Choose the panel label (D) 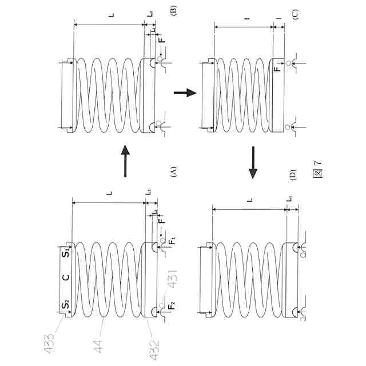click(x=293, y=174)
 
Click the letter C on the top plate click(x=66, y=278)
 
